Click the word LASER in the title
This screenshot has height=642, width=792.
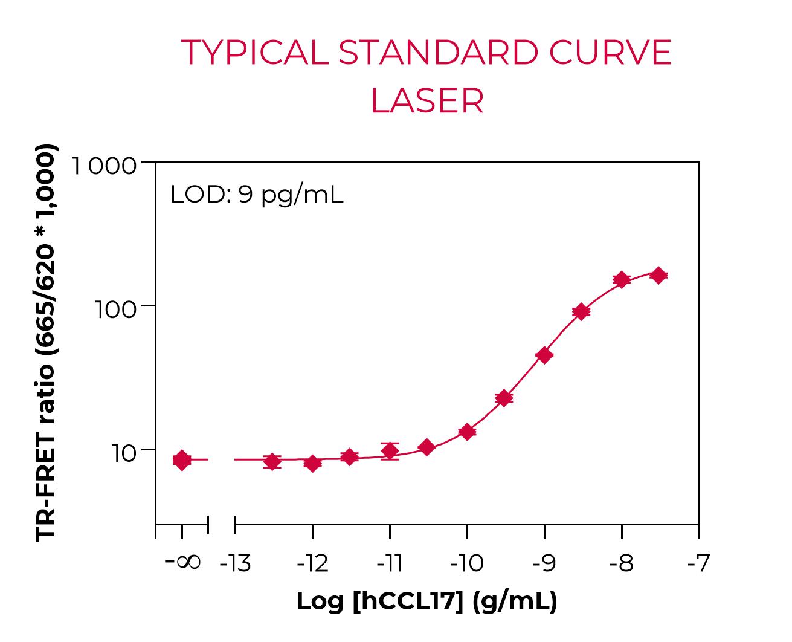[x=427, y=101]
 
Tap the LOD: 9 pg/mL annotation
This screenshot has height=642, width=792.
[x=257, y=195]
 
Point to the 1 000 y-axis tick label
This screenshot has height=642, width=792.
[x=105, y=165]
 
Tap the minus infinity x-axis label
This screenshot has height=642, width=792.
[x=182, y=562]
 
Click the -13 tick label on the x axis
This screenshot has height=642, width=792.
[x=235, y=563]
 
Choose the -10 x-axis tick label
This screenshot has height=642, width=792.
[x=467, y=563]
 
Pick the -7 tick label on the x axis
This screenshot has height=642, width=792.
[x=698, y=563]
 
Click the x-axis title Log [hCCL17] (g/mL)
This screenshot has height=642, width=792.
[x=427, y=601]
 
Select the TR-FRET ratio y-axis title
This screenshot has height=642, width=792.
[x=47, y=342]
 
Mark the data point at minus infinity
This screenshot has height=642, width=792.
[x=182, y=460]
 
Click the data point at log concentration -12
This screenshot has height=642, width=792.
[x=312, y=463]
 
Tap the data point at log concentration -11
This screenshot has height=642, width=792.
[x=390, y=450]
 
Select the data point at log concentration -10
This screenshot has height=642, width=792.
[x=467, y=432]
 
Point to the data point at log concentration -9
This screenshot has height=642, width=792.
[x=544, y=355]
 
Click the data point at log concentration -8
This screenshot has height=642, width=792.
[x=622, y=279]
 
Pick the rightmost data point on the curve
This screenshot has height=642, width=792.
[x=658, y=276]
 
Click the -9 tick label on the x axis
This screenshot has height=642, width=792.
[x=544, y=563]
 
